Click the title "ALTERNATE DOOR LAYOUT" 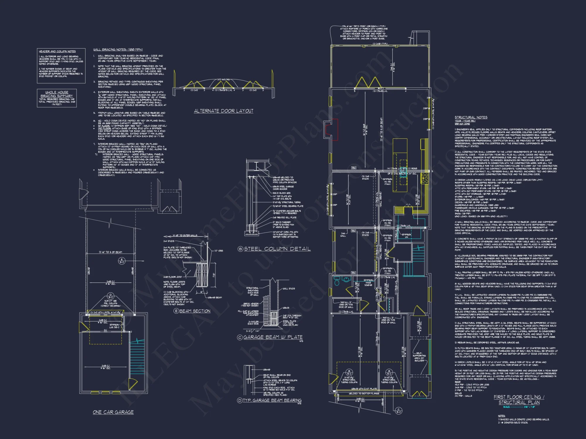224,111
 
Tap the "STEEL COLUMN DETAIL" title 277,249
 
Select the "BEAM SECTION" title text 195,311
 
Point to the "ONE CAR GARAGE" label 113,412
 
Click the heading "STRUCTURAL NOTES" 471,117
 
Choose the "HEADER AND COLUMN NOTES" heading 57,51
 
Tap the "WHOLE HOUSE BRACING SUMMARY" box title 57,94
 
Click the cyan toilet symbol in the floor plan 337,282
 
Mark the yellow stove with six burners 425,178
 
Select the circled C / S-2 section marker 398,411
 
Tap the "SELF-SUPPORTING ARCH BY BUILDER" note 419,357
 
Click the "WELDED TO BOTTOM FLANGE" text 364,393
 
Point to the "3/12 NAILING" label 223,80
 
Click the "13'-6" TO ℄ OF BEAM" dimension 110,252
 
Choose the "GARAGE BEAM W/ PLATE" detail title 273,337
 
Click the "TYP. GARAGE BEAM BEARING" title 272,400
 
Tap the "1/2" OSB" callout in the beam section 219,251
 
